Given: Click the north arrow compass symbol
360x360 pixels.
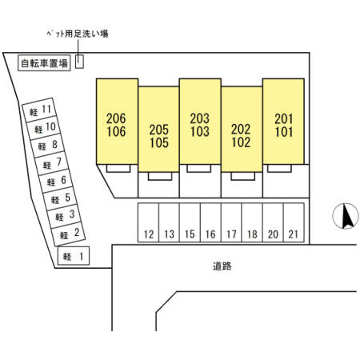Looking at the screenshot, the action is pyautogui.click(x=346, y=216).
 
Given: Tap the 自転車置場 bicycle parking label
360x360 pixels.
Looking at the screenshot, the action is pyautogui.click(x=44, y=63).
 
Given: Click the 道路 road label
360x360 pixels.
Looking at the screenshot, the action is pyautogui.click(x=222, y=266).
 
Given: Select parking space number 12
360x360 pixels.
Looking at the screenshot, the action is pyautogui.click(x=148, y=222).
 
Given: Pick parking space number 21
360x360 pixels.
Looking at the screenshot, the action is pyautogui.click(x=294, y=222).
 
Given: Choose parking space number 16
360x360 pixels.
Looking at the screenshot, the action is pyautogui.click(x=210, y=222).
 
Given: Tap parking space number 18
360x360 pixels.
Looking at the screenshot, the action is pyautogui.click(x=252, y=222).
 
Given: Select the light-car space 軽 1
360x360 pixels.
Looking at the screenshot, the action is pyautogui.click(x=74, y=256).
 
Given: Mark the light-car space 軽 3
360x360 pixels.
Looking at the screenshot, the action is pyautogui.click(x=64, y=215).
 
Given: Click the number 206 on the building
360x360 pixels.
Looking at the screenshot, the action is pyautogui.click(x=116, y=118).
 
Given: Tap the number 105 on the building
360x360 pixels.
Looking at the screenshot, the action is pyautogui.click(x=159, y=142).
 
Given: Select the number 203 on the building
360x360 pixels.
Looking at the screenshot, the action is pyautogui.click(x=200, y=118).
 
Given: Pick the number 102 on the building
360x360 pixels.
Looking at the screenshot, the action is pyautogui.click(x=241, y=142).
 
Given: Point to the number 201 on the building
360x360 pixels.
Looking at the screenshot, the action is pyautogui.click(x=284, y=119).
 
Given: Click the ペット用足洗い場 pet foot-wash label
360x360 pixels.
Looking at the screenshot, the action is pyautogui.click(x=78, y=34).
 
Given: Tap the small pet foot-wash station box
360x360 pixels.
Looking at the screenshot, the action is pyautogui.click(x=79, y=62).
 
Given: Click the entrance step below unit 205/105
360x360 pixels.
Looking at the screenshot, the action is pyautogui.click(x=160, y=176).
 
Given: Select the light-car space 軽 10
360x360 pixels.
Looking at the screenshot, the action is pyautogui.click(x=44, y=128).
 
